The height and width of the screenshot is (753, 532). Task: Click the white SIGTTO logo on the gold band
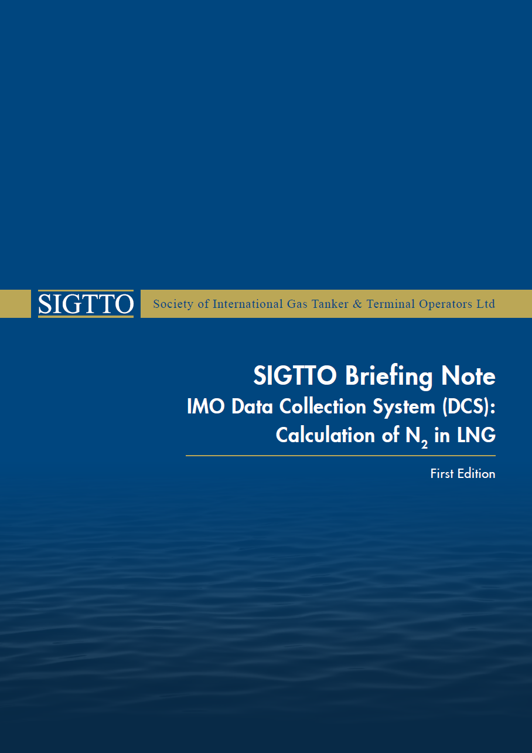[x=86, y=304]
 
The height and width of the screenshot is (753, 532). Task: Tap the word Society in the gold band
[x=172, y=304]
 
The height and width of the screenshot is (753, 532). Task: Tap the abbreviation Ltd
[x=486, y=304]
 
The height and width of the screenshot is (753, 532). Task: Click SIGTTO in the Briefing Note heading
[x=296, y=376]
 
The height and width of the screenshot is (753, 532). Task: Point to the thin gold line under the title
[x=340, y=456]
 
